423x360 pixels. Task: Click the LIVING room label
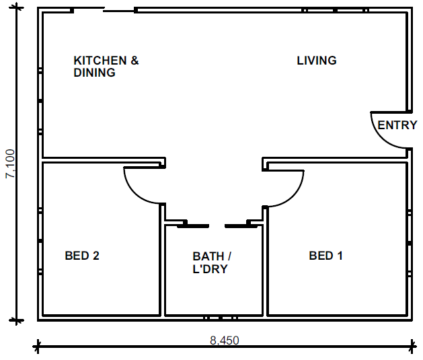[x=317, y=61]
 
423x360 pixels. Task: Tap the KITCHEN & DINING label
[x=106, y=67]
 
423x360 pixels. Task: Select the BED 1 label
[x=325, y=256]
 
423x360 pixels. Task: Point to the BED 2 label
[x=82, y=256]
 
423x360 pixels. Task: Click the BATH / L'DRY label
[x=212, y=262]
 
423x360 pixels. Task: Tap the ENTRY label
[x=397, y=125]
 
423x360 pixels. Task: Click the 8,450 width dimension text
[x=225, y=340]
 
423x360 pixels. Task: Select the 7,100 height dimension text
[x=11, y=164]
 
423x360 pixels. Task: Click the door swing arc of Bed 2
[x=135, y=192]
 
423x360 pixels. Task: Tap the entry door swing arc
[x=381, y=137]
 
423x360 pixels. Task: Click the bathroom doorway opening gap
[x=217, y=226]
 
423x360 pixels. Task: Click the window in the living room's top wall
[x=335, y=11]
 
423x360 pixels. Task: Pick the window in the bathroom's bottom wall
[x=220, y=318]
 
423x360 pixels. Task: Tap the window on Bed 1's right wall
[x=410, y=243]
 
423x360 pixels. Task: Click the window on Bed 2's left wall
[x=40, y=240]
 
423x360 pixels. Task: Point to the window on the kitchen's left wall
[x=40, y=101]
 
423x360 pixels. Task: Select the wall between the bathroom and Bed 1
[x=265, y=260]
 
